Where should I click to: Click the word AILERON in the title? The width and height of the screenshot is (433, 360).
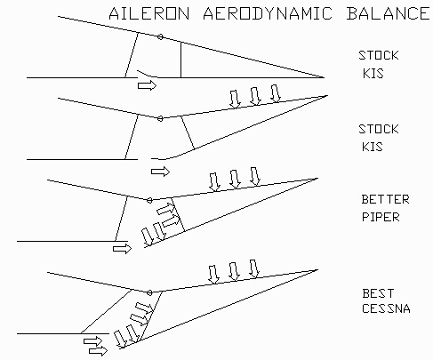click(149, 13)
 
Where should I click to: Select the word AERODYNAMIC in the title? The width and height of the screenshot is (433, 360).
click(268, 13)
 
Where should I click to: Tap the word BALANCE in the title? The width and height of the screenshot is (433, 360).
click(388, 13)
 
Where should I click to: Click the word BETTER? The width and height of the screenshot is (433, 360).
click(385, 199)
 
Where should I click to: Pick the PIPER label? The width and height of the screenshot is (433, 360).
click(381, 217)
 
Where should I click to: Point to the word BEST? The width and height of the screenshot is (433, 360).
click(378, 293)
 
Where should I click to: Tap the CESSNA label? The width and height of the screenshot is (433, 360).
click(386, 308)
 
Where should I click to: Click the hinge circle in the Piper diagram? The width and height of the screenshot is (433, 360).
click(149, 201)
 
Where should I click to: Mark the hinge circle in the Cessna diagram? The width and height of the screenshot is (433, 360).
click(149, 292)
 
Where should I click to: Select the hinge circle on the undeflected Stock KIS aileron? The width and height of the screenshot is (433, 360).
click(160, 37)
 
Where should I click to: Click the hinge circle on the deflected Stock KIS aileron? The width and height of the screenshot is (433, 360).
click(160, 119)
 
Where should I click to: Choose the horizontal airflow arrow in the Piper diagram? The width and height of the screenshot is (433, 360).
click(122, 248)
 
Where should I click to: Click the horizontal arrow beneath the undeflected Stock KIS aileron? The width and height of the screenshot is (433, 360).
click(147, 85)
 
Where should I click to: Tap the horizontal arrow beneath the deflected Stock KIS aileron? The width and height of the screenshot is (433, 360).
click(160, 172)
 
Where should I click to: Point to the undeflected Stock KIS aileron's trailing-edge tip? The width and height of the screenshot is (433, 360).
click(325, 77)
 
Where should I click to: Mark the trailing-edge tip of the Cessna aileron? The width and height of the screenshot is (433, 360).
click(317, 270)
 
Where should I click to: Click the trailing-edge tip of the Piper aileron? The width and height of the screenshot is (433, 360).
click(317, 179)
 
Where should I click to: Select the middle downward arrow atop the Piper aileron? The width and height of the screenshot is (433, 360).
click(235, 180)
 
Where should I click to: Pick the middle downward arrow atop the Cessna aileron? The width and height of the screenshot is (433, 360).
click(234, 271)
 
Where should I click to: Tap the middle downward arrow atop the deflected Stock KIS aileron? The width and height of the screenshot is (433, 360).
click(255, 96)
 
